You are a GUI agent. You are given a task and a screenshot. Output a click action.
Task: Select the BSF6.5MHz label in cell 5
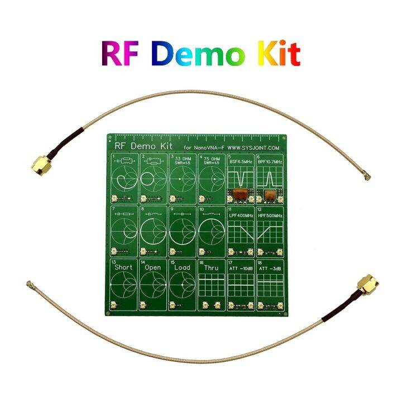point(241,162)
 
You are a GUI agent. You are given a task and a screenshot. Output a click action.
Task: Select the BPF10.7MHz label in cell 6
point(270,162)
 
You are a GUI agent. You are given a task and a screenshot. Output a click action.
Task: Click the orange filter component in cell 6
point(270,195)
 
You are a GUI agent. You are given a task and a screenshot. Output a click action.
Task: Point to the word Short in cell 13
point(123,267)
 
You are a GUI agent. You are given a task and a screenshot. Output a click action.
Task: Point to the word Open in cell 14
point(152,267)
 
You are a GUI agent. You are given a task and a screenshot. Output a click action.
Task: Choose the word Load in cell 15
point(183,267)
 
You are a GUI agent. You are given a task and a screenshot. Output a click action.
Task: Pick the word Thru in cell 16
point(212,267)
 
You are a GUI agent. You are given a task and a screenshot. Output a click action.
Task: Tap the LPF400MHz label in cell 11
point(241,216)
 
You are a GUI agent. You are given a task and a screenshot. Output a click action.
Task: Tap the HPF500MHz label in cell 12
point(270,216)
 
